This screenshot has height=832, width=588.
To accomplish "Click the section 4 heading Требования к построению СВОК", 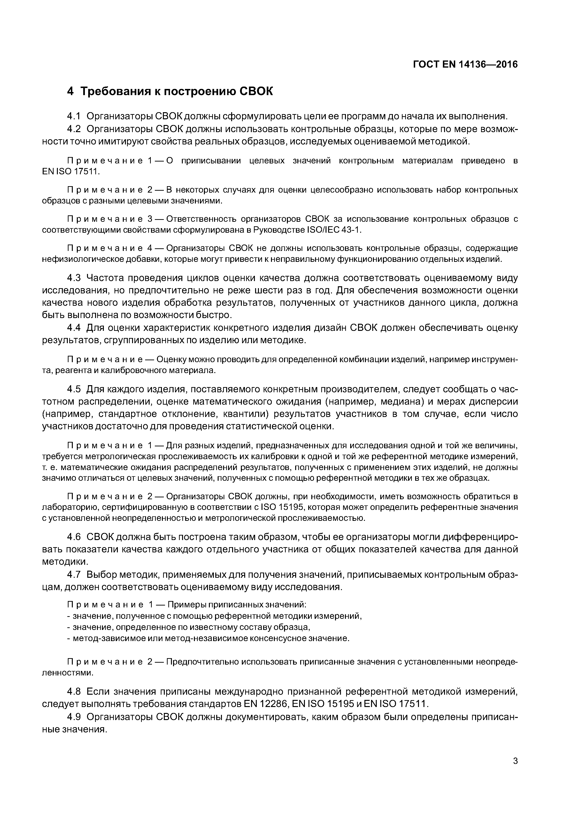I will (170, 91).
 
